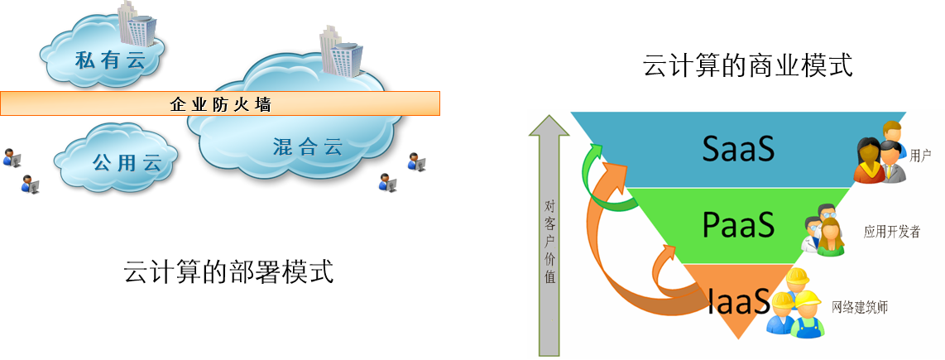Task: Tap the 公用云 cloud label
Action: coord(126,162)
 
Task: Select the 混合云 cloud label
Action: coord(307,148)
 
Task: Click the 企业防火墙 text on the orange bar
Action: coord(221,105)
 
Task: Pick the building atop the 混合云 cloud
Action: coord(340,50)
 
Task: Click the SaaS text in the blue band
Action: coord(738,148)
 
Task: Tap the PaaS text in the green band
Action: coord(738,224)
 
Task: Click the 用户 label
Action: coord(920,155)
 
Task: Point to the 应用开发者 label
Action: coord(892,232)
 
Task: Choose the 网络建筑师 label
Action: coord(860,307)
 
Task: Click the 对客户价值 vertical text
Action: coord(550,241)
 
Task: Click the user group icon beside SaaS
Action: coord(880,152)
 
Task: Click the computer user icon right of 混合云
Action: coord(415,162)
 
